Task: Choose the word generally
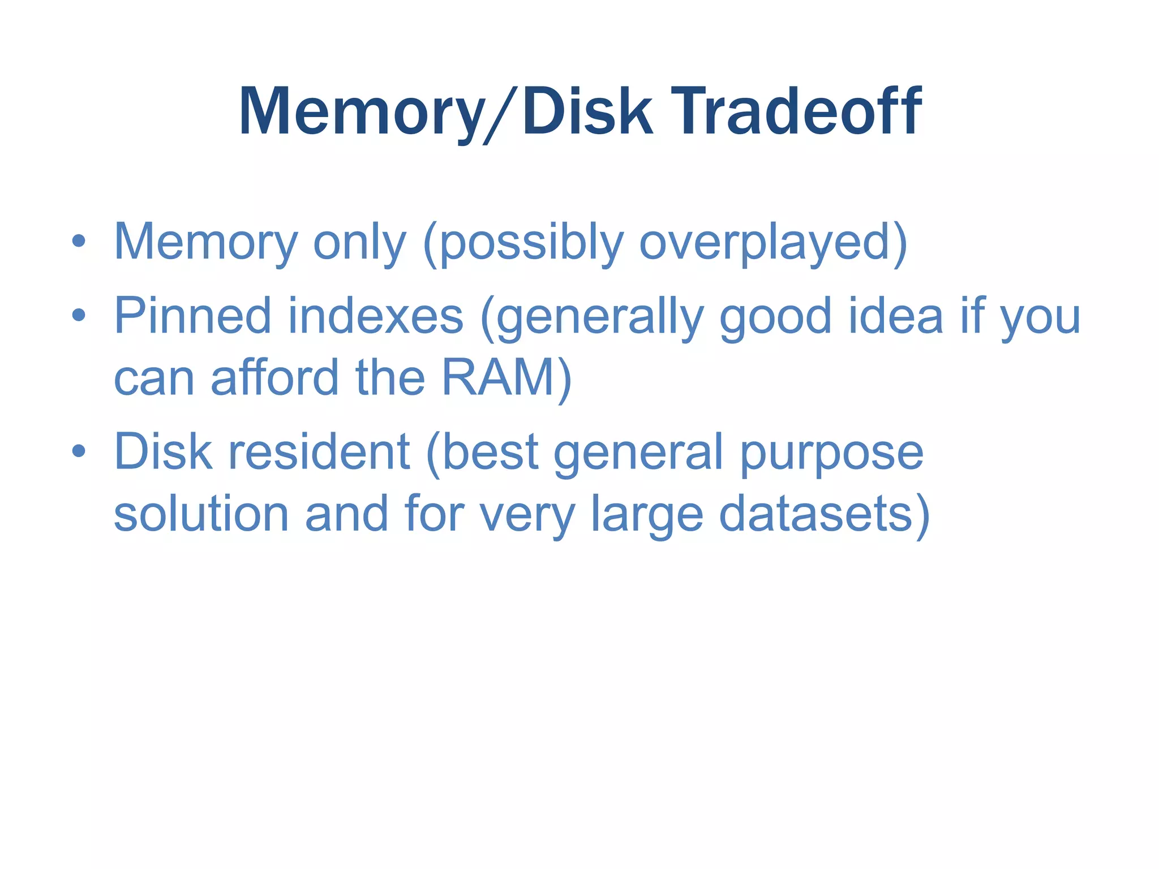click(597, 317)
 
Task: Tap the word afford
click(275, 377)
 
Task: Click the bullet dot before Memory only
click(79, 242)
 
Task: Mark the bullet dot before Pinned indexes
click(79, 315)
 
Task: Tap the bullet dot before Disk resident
click(79, 451)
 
